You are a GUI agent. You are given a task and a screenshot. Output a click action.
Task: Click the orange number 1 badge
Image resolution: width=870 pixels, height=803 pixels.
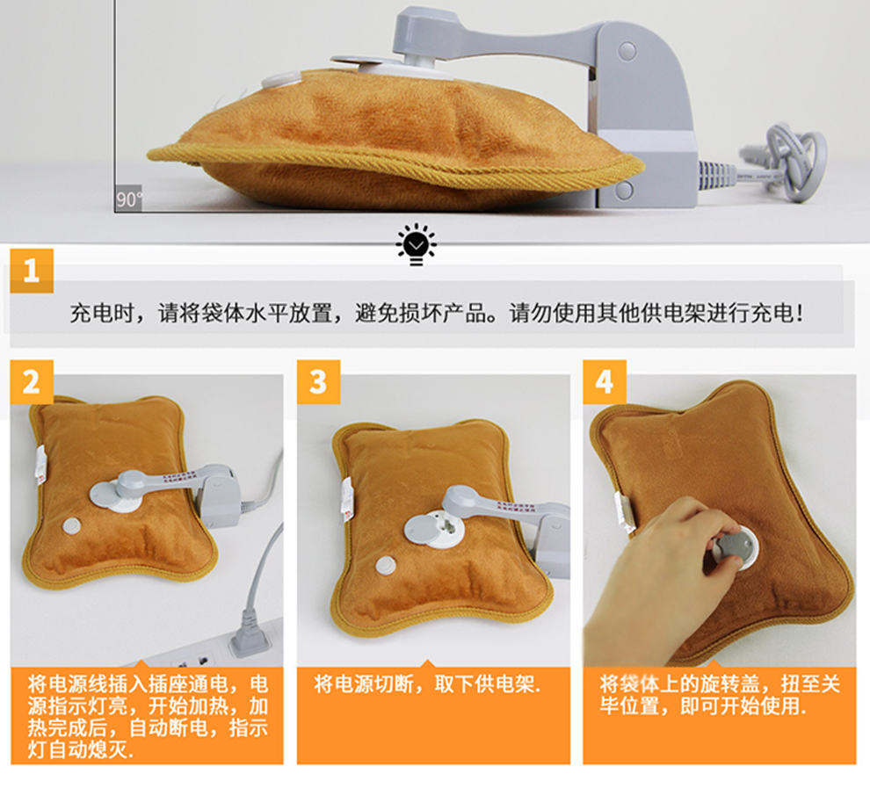pyautogui.click(x=32, y=271)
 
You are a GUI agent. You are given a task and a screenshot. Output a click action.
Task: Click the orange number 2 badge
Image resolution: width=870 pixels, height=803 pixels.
pyautogui.click(x=32, y=381)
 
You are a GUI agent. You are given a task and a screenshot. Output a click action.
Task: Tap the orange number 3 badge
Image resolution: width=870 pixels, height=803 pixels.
pyautogui.click(x=318, y=381)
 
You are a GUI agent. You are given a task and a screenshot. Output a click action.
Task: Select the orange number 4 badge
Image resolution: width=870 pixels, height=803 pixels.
pyautogui.click(x=605, y=381)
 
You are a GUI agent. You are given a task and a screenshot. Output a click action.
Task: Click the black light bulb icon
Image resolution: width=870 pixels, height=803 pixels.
pyautogui.click(x=417, y=244)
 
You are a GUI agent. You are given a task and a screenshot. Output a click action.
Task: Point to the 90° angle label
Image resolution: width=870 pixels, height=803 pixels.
pyautogui.click(x=128, y=199)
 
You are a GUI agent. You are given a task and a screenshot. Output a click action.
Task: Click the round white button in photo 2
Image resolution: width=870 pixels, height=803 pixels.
pyautogui.click(x=71, y=526)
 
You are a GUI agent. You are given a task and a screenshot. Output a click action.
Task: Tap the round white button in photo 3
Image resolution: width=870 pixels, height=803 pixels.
pyautogui.click(x=386, y=566)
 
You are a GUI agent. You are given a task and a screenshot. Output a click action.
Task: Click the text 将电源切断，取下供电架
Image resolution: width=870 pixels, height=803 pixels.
pyautogui.click(x=427, y=684)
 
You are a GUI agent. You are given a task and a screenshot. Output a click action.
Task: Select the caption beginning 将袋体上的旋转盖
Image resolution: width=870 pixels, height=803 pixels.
pyautogui.click(x=720, y=695)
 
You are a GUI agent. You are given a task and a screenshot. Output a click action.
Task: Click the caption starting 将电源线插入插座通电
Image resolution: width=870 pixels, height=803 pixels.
pyautogui.click(x=148, y=716)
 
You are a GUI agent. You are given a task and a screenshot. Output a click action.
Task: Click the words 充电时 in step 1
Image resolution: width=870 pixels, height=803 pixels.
pyautogui.click(x=102, y=314)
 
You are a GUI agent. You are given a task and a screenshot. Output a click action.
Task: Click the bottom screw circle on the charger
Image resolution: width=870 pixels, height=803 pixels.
pyautogui.click(x=624, y=192)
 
